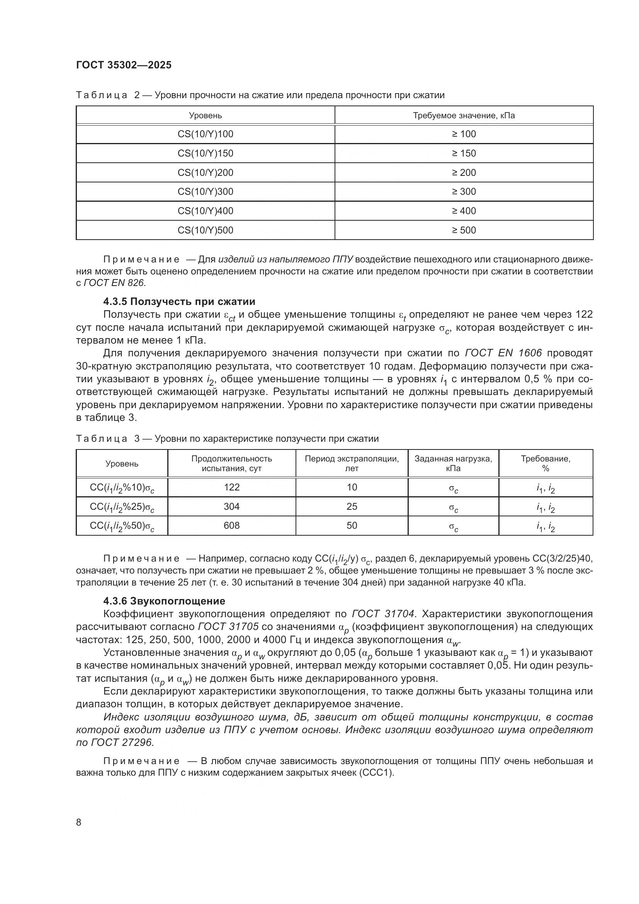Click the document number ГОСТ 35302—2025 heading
point(124,65)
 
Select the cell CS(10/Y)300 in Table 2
point(206,192)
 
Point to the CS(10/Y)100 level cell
point(206,134)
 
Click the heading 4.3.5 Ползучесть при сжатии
point(179,301)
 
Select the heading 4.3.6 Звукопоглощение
point(164,601)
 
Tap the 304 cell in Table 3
point(231,507)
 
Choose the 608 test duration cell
point(231,526)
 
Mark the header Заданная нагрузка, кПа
point(453,463)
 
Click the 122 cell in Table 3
point(231,487)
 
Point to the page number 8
point(79,822)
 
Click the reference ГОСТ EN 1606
point(503,353)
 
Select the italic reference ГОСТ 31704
point(383,614)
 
